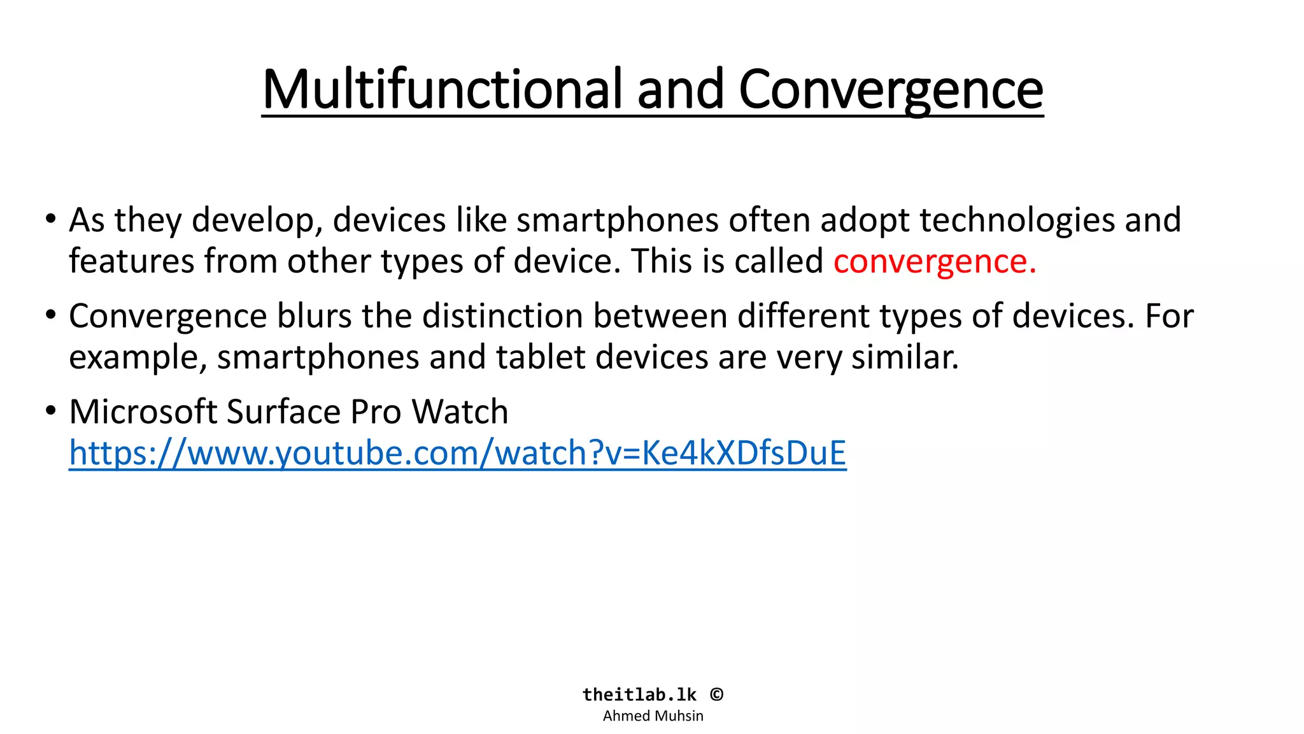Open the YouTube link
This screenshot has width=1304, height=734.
(x=457, y=453)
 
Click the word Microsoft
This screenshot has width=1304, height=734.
(x=143, y=412)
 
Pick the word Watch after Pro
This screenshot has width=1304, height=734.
(x=460, y=412)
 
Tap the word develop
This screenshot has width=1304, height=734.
(x=253, y=220)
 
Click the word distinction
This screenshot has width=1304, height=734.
(x=502, y=316)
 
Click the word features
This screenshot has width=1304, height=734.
(x=131, y=261)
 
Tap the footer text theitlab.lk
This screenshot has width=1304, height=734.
(x=639, y=694)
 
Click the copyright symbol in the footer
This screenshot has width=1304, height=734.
(x=717, y=694)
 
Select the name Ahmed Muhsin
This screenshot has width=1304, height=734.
(x=653, y=716)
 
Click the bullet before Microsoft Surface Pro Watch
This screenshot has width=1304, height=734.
(x=51, y=410)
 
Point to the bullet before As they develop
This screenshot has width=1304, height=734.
(x=51, y=219)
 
